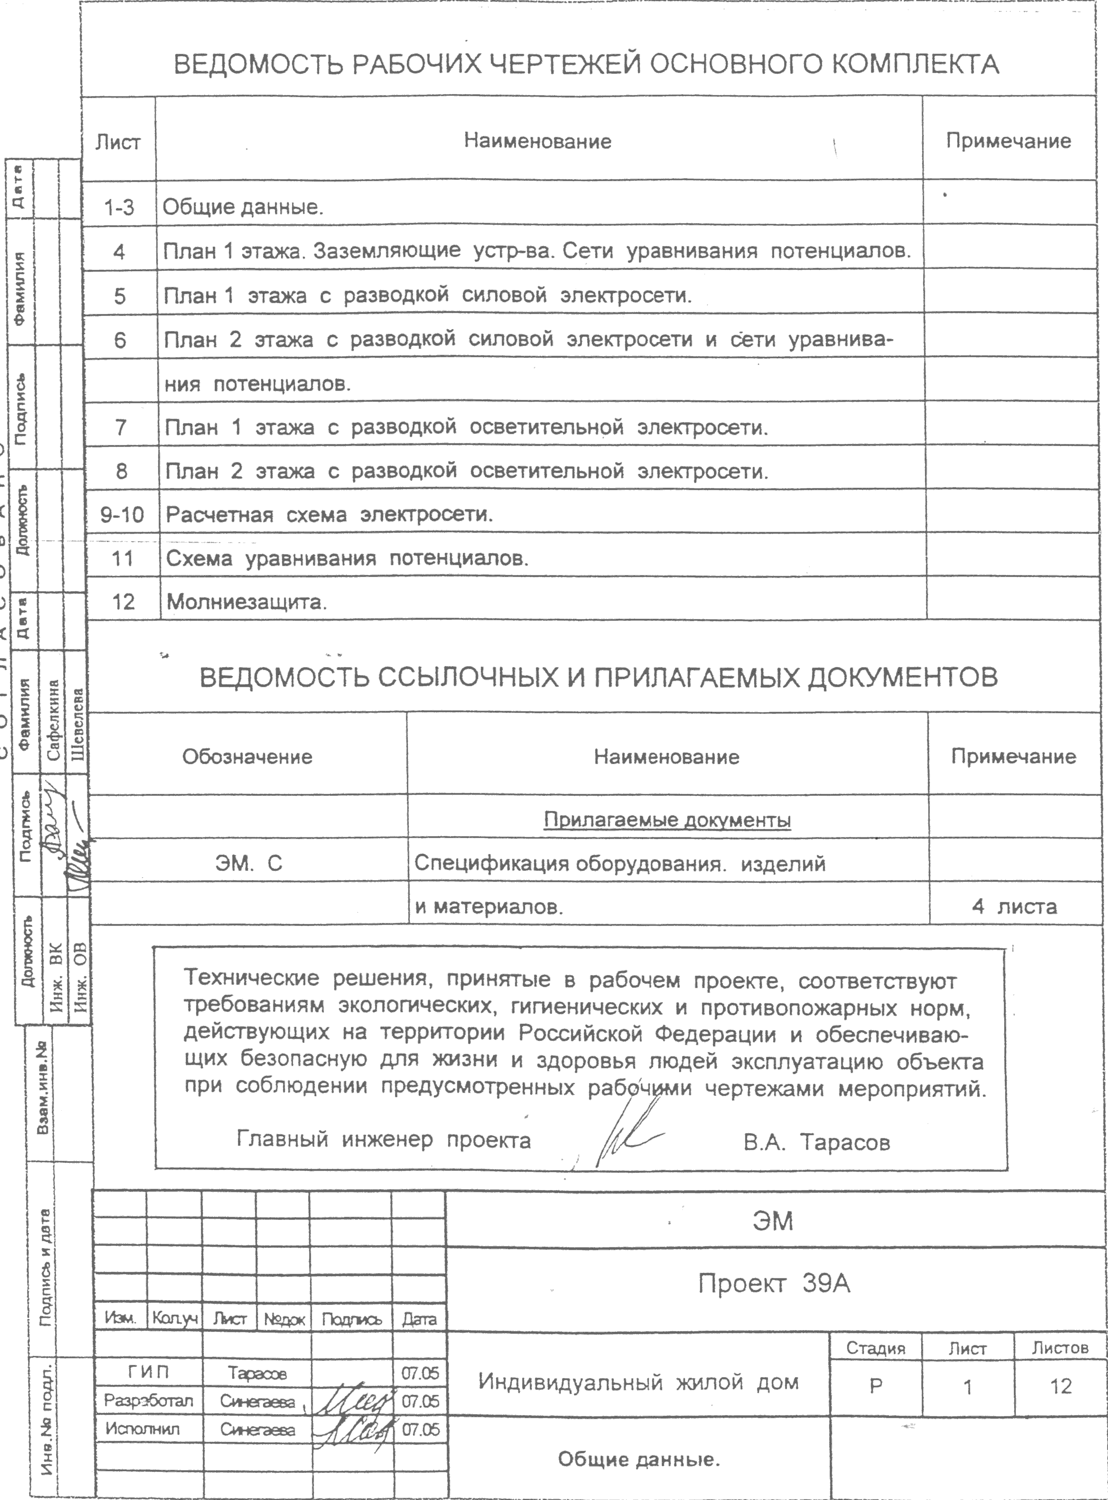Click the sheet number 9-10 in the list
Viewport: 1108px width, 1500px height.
tap(121, 515)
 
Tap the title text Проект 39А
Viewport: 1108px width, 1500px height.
tap(774, 1284)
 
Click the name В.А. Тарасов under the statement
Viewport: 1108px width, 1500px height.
tap(816, 1142)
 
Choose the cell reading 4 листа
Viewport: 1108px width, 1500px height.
tap(1014, 907)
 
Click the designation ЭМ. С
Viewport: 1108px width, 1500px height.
tap(248, 863)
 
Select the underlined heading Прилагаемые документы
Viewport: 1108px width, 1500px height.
tap(667, 820)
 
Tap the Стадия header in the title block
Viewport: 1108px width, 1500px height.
tap(875, 1349)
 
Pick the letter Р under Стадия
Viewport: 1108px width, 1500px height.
tap(875, 1386)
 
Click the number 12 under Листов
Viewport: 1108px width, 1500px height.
tap(1061, 1386)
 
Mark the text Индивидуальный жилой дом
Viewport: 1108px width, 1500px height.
tap(638, 1382)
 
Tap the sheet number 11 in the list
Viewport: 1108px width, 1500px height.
tap(122, 558)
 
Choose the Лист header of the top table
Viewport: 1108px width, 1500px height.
tap(118, 142)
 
